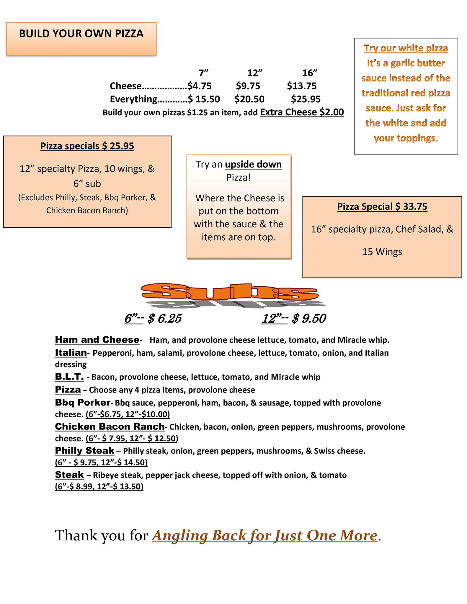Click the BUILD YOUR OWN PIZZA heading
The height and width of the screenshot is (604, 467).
(x=81, y=34)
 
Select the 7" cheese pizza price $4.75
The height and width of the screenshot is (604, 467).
(x=200, y=86)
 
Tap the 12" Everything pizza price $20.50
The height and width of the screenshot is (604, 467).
(x=249, y=99)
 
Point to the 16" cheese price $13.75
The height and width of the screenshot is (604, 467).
(x=302, y=86)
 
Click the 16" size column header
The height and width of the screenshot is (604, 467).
(x=310, y=73)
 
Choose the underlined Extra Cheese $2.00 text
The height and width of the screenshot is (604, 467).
(x=302, y=112)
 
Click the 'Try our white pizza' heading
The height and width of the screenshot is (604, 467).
(x=406, y=48)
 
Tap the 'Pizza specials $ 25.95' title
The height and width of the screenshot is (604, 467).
(x=87, y=146)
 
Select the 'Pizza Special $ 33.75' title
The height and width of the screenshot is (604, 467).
(x=382, y=206)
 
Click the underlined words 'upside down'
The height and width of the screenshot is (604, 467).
(x=253, y=164)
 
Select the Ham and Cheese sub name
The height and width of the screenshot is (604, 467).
(x=97, y=340)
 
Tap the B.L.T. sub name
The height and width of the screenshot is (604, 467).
(x=69, y=377)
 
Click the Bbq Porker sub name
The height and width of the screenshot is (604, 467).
(x=83, y=403)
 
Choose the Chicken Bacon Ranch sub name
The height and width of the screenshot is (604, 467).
(x=110, y=427)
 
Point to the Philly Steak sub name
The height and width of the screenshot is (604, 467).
(x=85, y=451)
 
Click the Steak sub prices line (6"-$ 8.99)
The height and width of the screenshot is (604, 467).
(x=99, y=486)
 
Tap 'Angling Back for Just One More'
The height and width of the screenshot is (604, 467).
(x=265, y=536)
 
